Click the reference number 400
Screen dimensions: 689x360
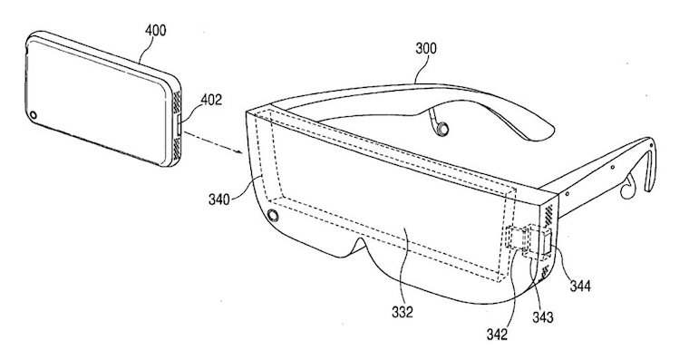click(156, 30)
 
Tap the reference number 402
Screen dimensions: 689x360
click(211, 100)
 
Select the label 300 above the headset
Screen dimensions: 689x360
click(426, 48)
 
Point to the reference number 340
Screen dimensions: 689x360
click(218, 199)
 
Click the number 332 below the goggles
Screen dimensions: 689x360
click(403, 312)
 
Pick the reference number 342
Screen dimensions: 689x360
click(497, 335)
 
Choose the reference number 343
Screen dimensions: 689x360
click(543, 316)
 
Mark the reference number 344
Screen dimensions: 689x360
click(580, 287)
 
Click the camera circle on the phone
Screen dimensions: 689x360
click(34, 115)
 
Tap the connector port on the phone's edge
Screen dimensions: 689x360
click(178, 126)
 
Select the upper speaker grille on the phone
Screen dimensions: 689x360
click(177, 102)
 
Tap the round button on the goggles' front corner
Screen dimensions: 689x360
click(273, 216)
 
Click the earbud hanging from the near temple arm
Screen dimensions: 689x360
click(627, 187)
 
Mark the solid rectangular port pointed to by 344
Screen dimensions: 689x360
click(548, 242)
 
